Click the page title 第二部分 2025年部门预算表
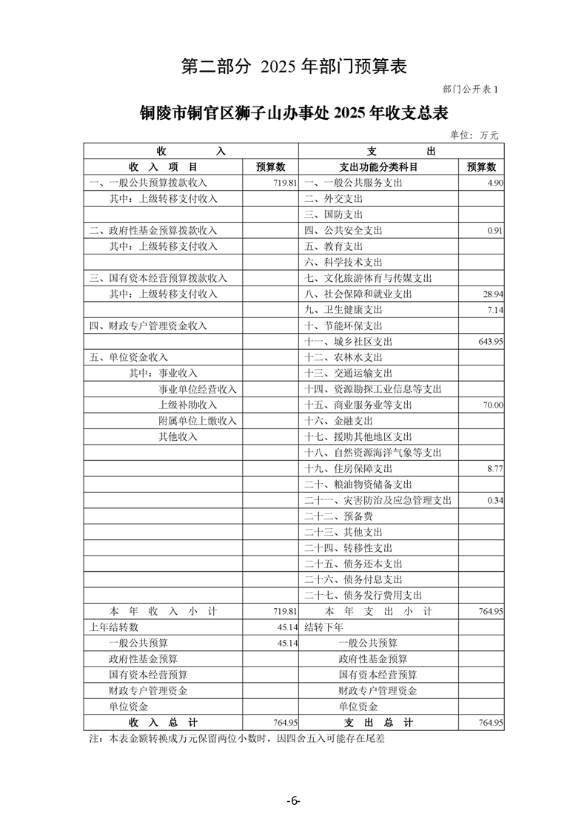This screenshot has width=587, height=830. (294, 67)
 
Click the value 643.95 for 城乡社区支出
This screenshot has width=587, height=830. (488, 342)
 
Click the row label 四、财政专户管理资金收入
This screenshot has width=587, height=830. (148, 325)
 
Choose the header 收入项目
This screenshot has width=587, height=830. (163, 166)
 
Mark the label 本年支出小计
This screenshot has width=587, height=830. (378, 612)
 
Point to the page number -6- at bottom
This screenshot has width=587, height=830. (293, 801)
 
